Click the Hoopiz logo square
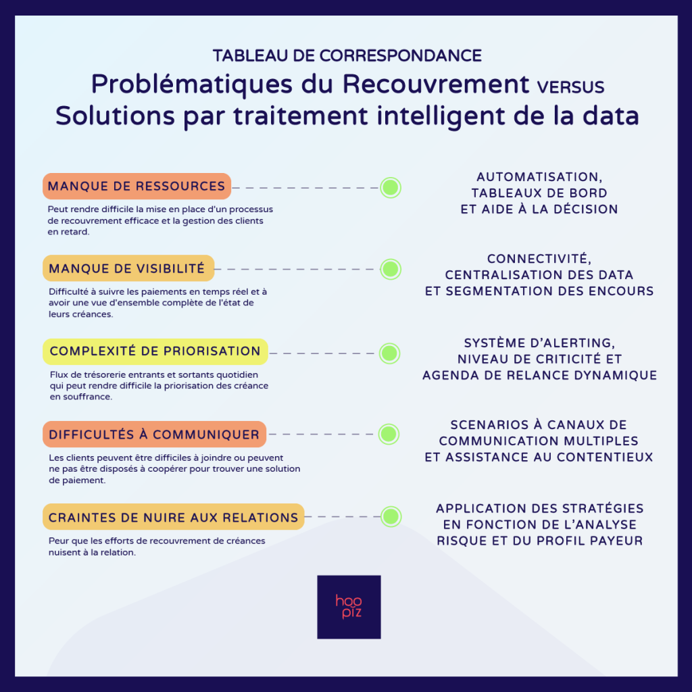pyautogui.click(x=349, y=607)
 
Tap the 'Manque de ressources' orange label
pyautogui.click(x=137, y=187)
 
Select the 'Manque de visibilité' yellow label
pyautogui.click(x=128, y=268)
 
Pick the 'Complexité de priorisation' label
pyautogui.click(x=155, y=351)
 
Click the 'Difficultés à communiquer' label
pyautogui.click(x=155, y=435)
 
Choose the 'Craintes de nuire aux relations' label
pyautogui.click(x=174, y=517)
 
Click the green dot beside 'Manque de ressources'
pyautogui.click(x=391, y=188)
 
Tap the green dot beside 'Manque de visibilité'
pyautogui.click(x=391, y=269)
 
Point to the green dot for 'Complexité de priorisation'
pyautogui.click(x=390, y=353)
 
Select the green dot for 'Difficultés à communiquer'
pyautogui.click(x=389, y=435)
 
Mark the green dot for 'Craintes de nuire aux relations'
pyautogui.click(x=391, y=516)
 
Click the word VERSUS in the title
pyautogui.click(x=570, y=87)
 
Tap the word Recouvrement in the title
pyautogui.click(x=436, y=84)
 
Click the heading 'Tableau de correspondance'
pyautogui.click(x=347, y=55)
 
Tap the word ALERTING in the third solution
pyautogui.click(x=582, y=343)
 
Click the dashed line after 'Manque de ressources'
pyautogui.click(x=305, y=188)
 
